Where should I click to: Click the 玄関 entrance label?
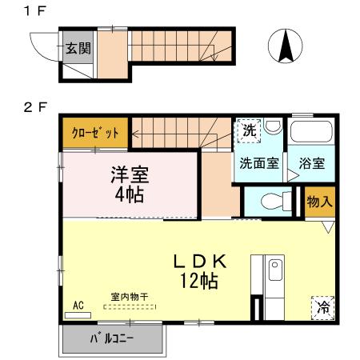point(78,47)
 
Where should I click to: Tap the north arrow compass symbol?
point(285,46)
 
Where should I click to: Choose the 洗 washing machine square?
point(248,130)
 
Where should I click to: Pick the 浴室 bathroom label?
point(311,163)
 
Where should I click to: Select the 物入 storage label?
point(319,201)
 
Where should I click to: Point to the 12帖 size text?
point(198,282)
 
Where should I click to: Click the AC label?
point(78,305)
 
